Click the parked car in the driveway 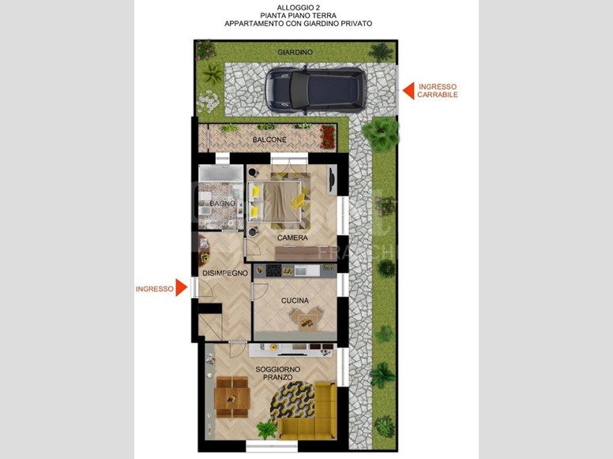coord(316,90)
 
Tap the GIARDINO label coord(295,52)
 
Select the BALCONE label coord(269,140)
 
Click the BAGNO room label coord(223,203)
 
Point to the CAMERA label coord(292,237)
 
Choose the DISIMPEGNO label coord(225,273)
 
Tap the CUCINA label coord(295,300)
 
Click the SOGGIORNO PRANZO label coord(278,373)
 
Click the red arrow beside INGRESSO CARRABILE coord(408,91)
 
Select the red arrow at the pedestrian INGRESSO coord(181,288)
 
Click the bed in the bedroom coord(279,201)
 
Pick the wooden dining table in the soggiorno coord(231,397)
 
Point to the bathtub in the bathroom coord(221,174)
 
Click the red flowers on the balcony coord(328,137)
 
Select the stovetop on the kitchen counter coord(273,271)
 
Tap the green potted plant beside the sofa coord(267,429)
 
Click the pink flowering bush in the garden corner coord(205,50)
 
